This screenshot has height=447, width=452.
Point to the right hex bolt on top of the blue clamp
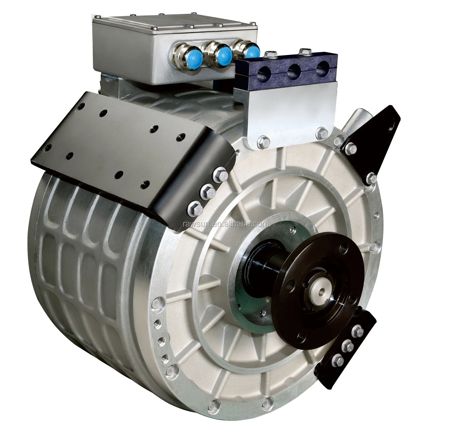(x=304, y=51)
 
